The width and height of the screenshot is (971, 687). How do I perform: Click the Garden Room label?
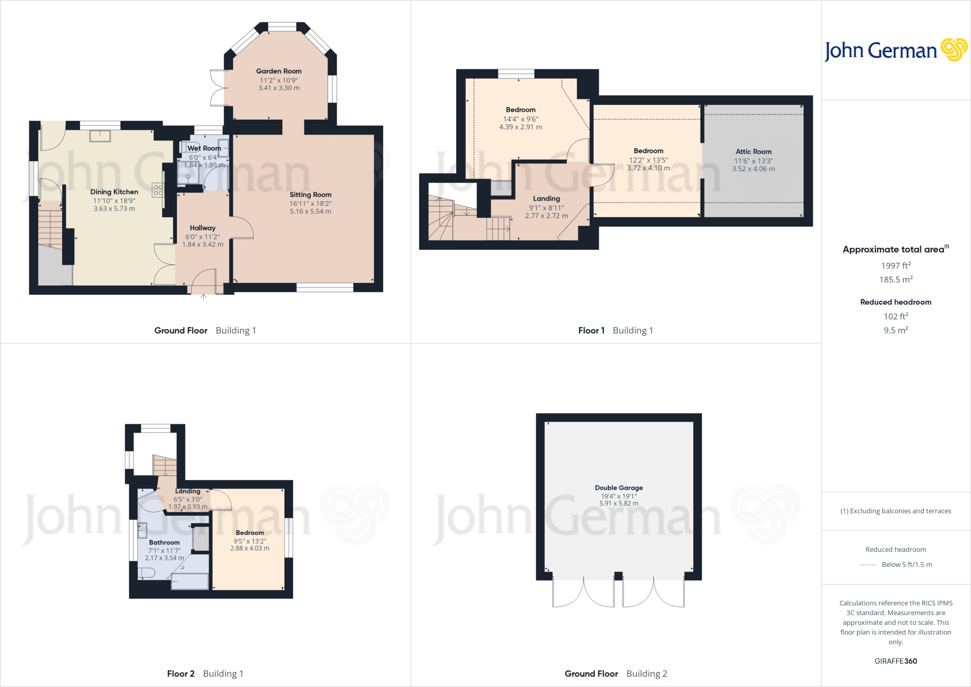[x=279, y=71]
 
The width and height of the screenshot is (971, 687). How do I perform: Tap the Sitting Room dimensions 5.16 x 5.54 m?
[x=311, y=212]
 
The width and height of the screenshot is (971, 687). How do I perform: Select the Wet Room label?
[x=204, y=149]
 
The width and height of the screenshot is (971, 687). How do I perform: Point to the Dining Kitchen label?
[x=114, y=192]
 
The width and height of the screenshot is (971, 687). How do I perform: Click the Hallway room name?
[x=202, y=228]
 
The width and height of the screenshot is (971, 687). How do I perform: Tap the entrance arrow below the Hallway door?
[x=203, y=297]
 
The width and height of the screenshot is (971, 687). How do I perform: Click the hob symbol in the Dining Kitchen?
[x=158, y=190]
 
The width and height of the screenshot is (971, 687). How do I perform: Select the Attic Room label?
[x=753, y=152]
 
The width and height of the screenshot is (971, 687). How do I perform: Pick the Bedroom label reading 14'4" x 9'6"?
[x=521, y=110]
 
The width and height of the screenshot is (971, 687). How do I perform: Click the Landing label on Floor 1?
[x=546, y=199]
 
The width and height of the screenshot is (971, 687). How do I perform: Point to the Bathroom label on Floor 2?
[x=164, y=543]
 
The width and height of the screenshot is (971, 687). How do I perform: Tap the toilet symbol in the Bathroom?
[x=146, y=573]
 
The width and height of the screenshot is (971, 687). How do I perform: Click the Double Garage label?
[x=619, y=488]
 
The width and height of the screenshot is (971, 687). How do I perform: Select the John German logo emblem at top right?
[x=953, y=50]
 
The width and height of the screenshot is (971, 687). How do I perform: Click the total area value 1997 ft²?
[x=896, y=266]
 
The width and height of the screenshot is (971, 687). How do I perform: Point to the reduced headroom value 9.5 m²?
[x=896, y=330]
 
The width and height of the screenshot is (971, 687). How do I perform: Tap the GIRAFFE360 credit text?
[x=896, y=661]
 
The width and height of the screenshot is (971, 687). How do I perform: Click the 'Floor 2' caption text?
[x=181, y=674]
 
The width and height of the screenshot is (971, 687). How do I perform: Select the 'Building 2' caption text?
[x=646, y=674]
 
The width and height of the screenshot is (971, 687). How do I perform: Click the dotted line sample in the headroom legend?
[x=868, y=565]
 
